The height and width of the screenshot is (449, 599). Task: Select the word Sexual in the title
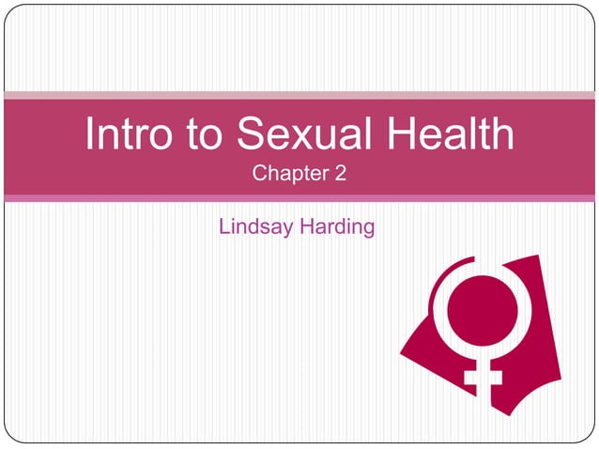tap(302, 136)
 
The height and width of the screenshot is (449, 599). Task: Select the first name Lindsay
tap(254, 226)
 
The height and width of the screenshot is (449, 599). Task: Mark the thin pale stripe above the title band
tap(299, 95)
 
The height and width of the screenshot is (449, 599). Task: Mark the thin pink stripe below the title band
tap(299, 198)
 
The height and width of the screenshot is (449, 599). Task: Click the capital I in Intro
tap(90, 136)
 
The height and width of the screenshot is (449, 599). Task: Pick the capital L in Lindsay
tap(223, 226)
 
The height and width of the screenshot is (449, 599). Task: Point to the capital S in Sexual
tap(247, 136)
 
